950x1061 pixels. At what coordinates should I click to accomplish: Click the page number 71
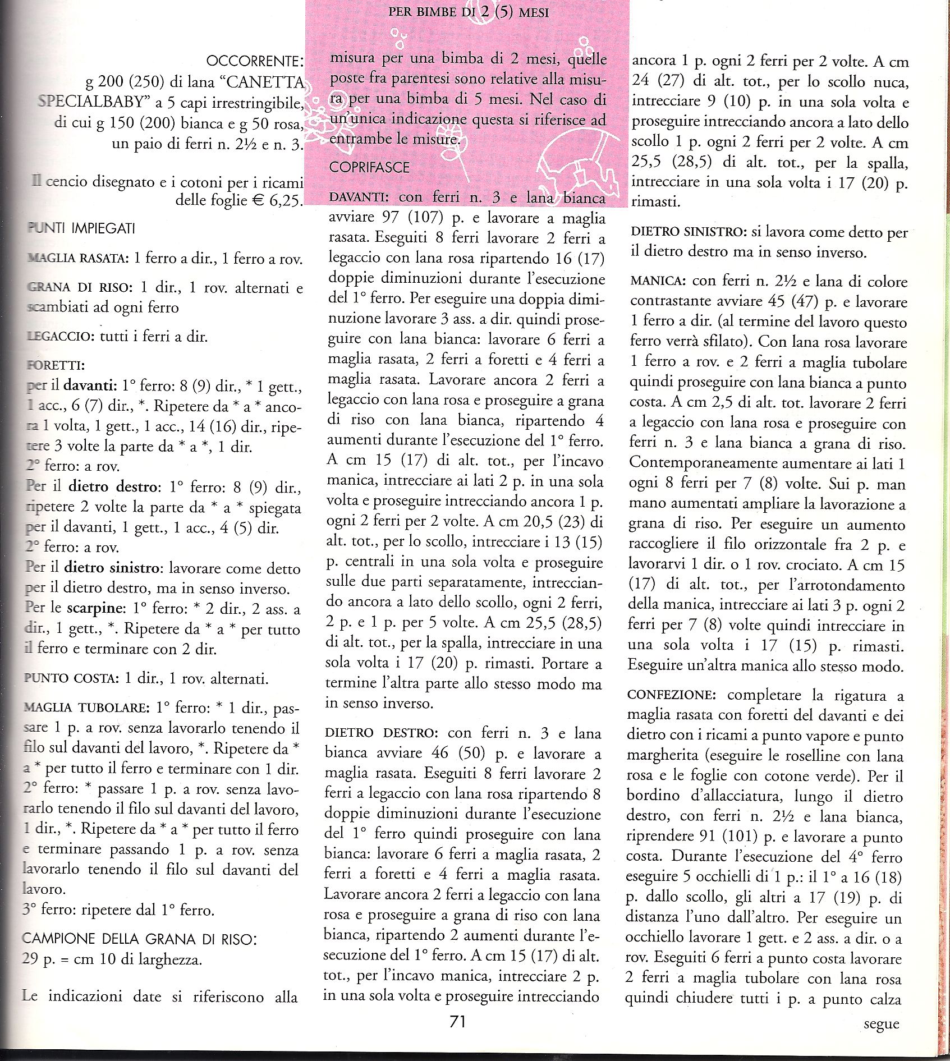pyautogui.click(x=458, y=1022)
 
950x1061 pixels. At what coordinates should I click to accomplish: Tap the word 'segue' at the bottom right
pyautogui.click(x=881, y=1023)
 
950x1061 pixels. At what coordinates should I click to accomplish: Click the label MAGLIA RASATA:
pyautogui.click(x=77, y=259)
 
